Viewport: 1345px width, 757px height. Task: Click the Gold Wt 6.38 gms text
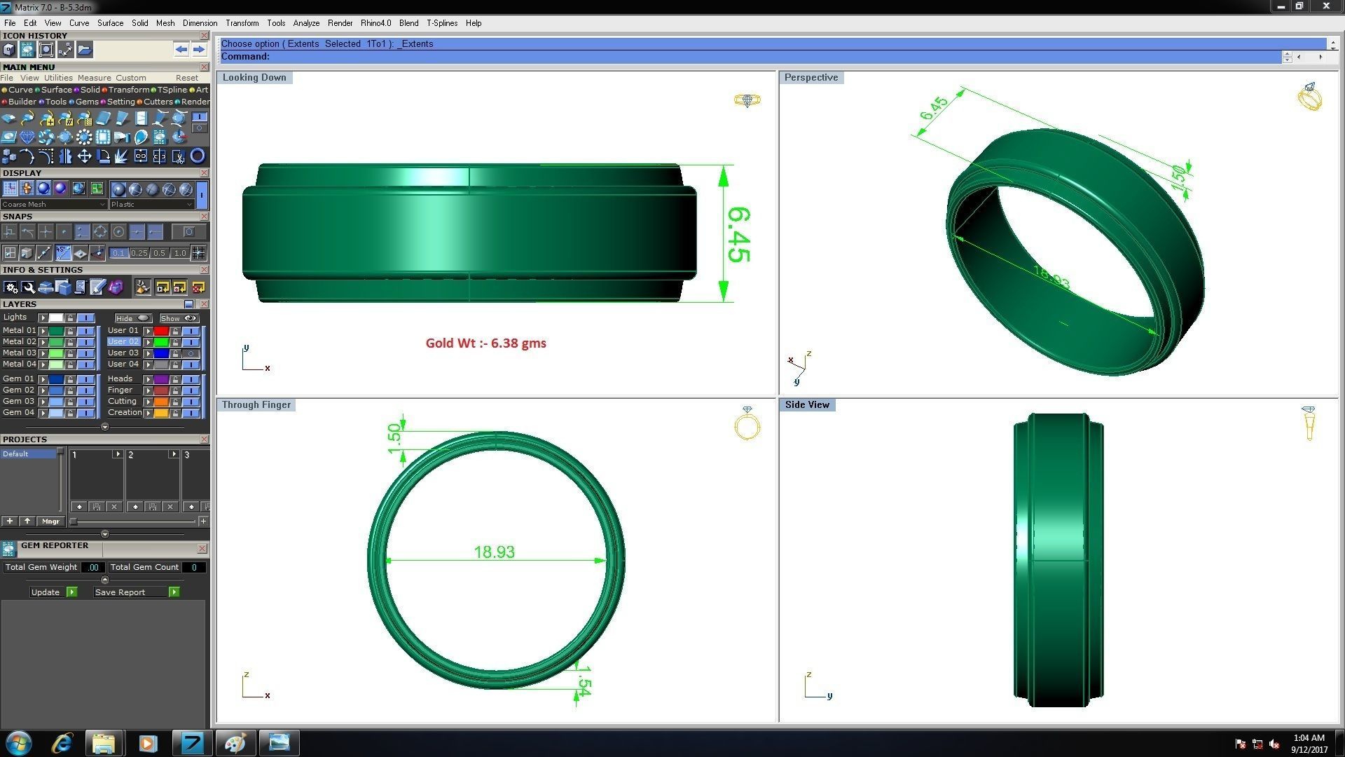(485, 343)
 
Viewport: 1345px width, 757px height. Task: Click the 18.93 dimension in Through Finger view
(494, 552)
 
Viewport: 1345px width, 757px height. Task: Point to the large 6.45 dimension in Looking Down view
(738, 235)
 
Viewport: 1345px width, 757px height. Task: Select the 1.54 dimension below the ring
(584, 681)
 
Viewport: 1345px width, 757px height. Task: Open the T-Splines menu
(441, 23)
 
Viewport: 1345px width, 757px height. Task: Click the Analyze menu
(306, 23)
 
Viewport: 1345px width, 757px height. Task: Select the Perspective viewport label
(811, 78)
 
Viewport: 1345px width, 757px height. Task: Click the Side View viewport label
(806, 405)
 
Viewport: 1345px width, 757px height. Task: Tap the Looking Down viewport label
(254, 78)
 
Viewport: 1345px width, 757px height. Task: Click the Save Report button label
(120, 592)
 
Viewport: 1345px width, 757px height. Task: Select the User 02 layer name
(123, 342)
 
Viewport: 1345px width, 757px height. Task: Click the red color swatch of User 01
(161, 331)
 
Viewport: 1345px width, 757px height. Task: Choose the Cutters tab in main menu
(158, 102)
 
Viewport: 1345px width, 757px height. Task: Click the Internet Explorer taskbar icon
(62, 743)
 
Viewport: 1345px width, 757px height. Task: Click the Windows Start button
(19, 743)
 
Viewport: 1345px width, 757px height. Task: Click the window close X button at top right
(1325, 6)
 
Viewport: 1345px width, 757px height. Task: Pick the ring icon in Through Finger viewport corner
(747, 424)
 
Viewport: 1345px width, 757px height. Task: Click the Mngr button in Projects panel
(50, 521)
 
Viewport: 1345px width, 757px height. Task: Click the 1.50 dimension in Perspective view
(1178, 175)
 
